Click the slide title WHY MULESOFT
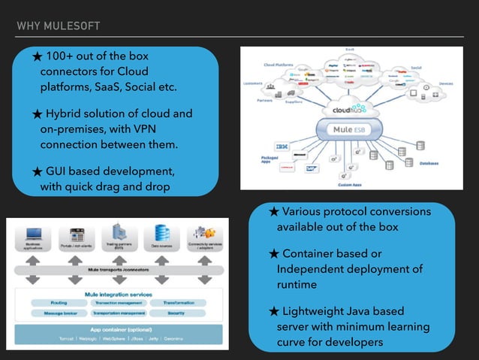tap(59, 27)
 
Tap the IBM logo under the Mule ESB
tap(284, 145)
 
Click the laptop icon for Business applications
tap(33, 233)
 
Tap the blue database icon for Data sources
tap(161, 233)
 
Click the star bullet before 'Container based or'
tap(274, 254)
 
